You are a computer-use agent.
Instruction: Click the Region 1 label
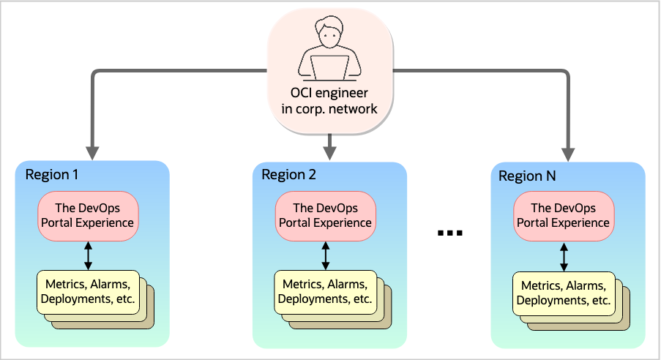(x=51, y=175)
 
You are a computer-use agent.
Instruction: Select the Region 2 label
(x=288, y=175)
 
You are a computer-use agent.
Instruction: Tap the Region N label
(x=527, y=176)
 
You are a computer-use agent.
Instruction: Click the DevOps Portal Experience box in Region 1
(x=87, y=215)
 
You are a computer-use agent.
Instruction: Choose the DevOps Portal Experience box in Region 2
(x=326, y=215)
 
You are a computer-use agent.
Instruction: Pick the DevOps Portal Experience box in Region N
(x=563, y=215)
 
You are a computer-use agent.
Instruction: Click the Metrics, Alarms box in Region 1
(x=88, y=291)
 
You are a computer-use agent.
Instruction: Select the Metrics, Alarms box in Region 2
(x=325, y=291)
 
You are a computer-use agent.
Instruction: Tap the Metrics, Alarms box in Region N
(x=562, y=293)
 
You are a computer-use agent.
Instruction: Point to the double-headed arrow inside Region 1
(x=88, y=254)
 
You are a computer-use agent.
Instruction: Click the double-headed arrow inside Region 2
(x=326, y=254)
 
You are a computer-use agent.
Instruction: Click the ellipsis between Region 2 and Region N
(x=450, y=233)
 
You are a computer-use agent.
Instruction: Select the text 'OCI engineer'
(x=330, y=94)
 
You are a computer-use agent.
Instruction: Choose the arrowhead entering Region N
(x=568, y=154)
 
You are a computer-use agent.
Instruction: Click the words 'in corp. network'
(x=330, y=110)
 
